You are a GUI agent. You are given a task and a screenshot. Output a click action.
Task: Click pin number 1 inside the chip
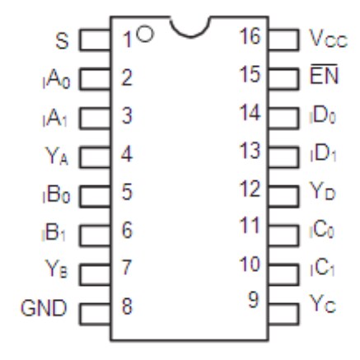point(128,36)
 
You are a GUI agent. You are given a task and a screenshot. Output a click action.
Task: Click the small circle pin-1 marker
point(146,34)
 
